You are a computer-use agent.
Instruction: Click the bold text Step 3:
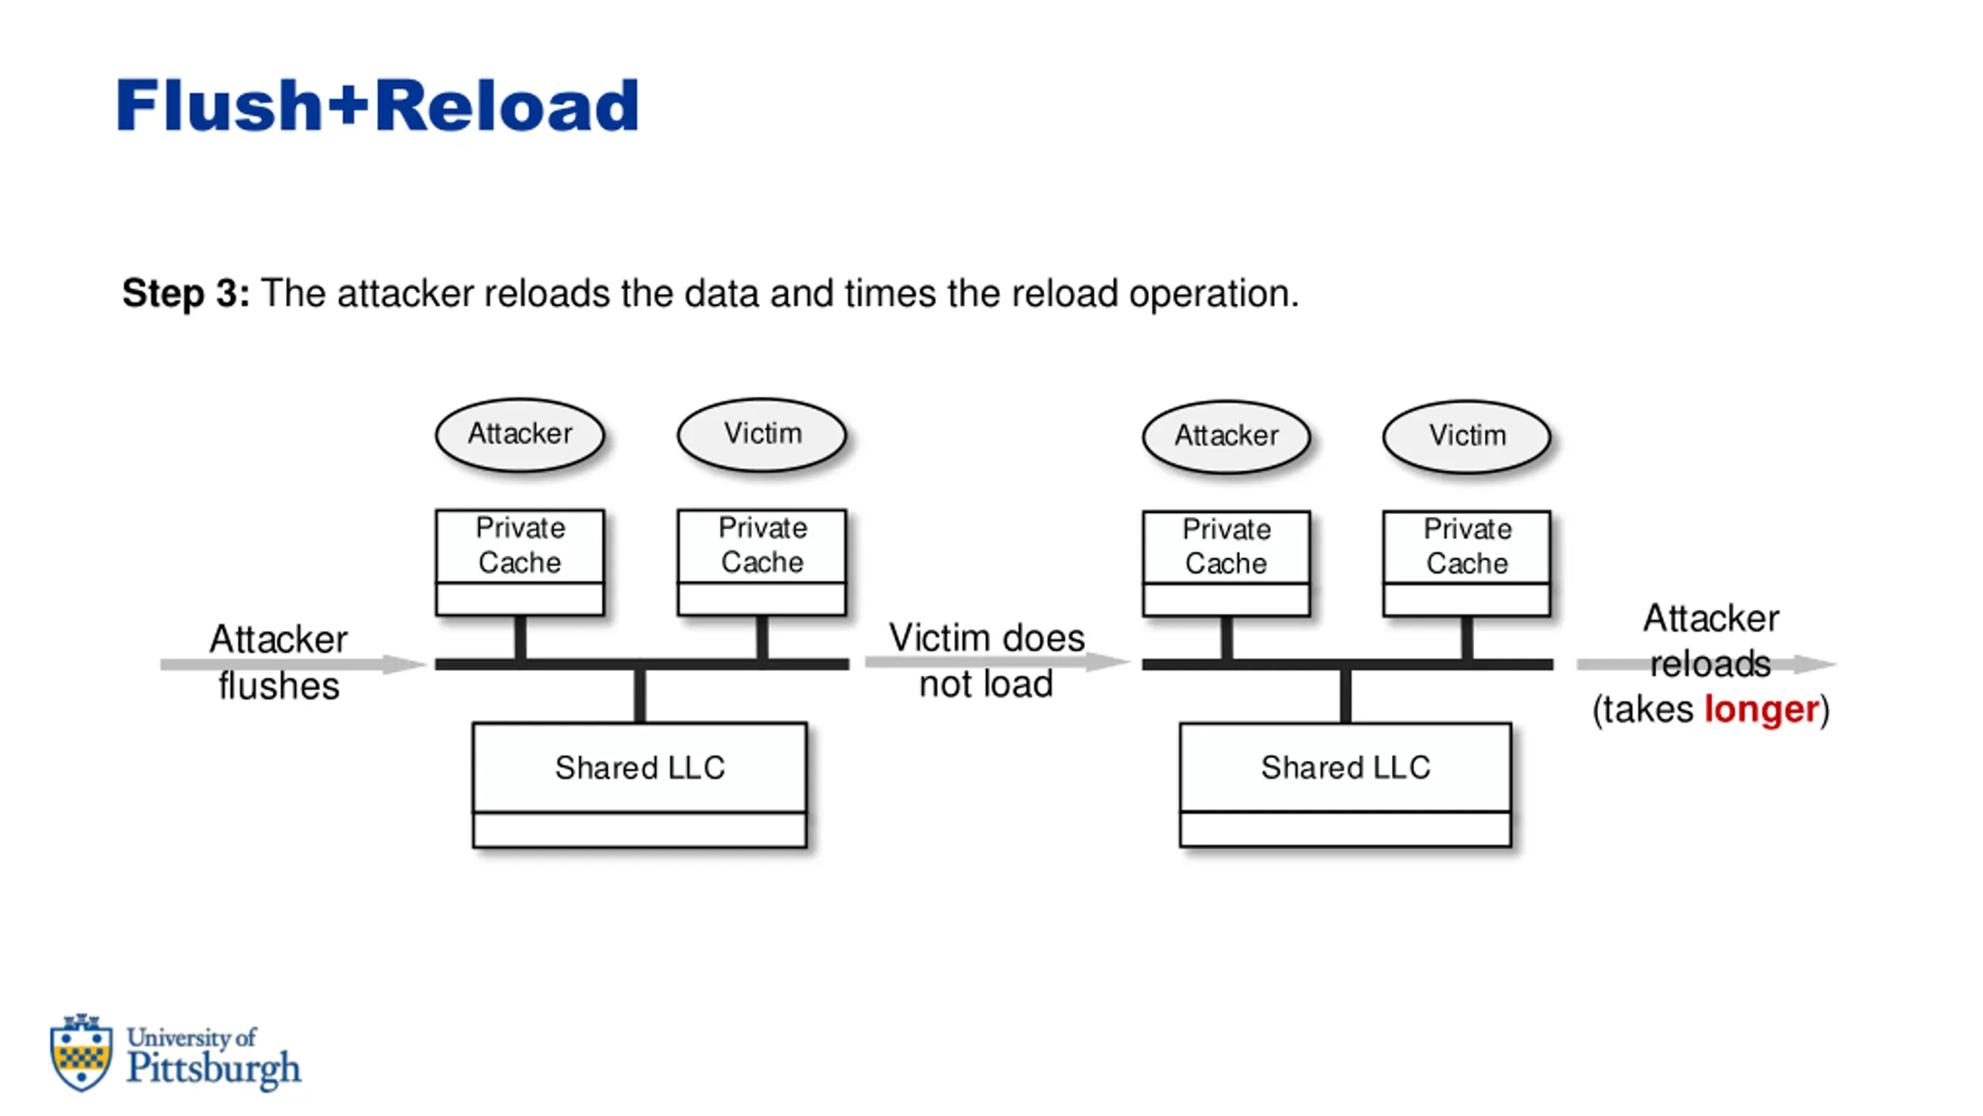point(186,294)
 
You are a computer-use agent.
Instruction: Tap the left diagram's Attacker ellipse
point(520,434)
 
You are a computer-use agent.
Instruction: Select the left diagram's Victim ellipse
point(762,434)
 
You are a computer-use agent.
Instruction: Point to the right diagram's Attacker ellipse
point(1226,436)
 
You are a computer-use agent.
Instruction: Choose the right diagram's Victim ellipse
point(1467,436)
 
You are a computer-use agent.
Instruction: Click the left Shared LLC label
point(640,767)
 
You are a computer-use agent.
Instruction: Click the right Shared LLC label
point(1345,767)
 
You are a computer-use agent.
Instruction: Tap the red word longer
point(1761,711)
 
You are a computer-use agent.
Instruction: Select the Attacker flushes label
point(279,663)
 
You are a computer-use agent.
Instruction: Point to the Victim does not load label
point(986,661)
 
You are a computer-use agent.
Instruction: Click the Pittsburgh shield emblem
point(81,1052)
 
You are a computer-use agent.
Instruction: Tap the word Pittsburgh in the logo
point(214,1069)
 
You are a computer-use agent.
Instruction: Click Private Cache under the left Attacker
point(520,545)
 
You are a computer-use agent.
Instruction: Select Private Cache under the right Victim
point(1467,546)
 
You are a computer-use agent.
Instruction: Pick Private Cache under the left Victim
point(762,545)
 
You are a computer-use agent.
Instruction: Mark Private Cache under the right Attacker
point(1226,546)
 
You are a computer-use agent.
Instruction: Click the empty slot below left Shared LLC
point(640,830)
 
